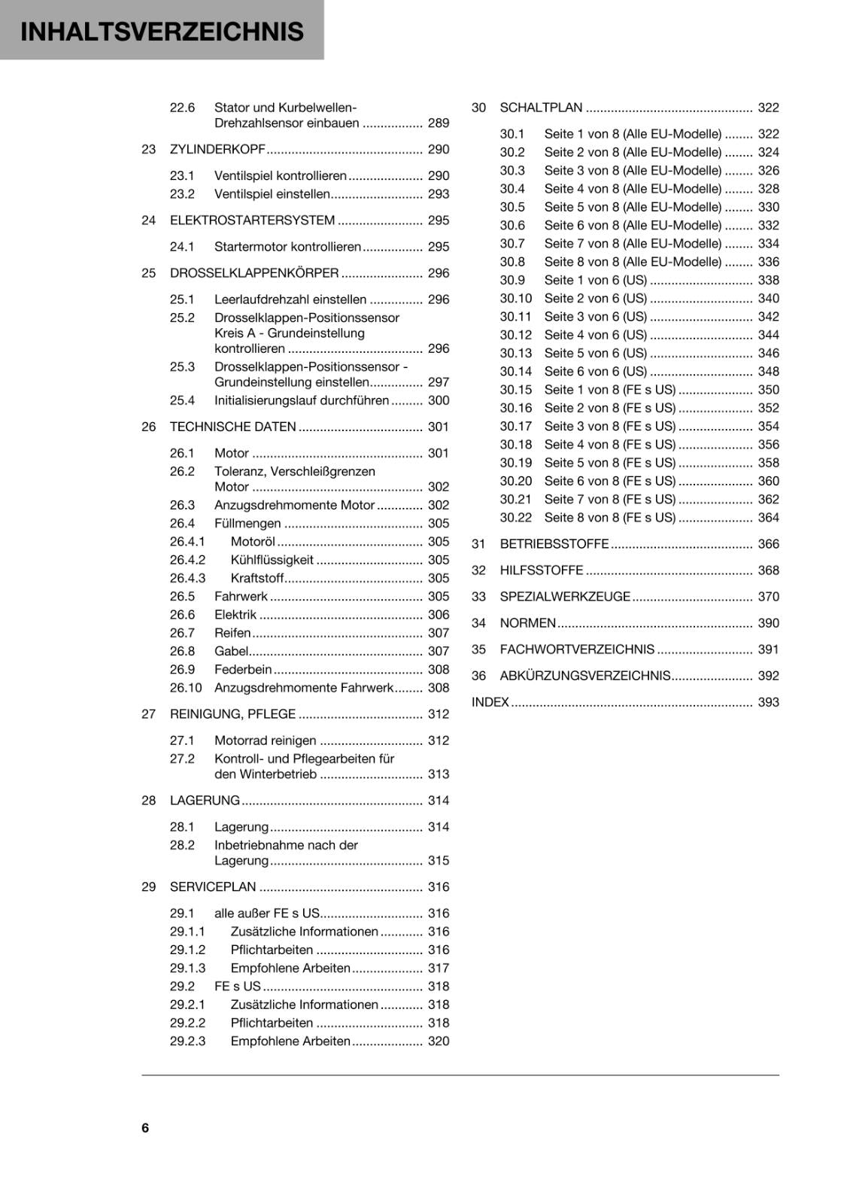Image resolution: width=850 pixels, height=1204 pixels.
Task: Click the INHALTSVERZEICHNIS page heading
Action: [162, 32]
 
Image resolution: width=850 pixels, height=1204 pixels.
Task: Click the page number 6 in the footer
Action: [145, 1127]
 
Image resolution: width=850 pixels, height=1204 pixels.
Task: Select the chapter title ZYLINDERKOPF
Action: [217, 149]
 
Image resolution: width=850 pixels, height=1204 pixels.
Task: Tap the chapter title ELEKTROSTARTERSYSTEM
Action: [252, 220]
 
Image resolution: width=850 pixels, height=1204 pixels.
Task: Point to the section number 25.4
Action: [182, 400]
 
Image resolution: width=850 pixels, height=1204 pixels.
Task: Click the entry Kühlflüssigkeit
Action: [272, 560]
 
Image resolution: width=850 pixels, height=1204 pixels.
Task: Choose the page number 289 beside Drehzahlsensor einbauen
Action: [438, 123]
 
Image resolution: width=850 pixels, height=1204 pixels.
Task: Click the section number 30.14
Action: [515, 371]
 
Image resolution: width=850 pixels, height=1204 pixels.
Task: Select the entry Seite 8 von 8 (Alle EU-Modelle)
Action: [633, 262]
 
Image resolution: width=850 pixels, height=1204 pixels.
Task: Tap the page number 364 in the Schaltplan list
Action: [768, 518]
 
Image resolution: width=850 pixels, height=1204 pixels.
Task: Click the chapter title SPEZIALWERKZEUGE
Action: [565, 597]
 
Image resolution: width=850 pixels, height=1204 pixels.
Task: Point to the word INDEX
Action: [490, 702]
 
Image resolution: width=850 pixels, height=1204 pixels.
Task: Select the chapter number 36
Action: [478, 676]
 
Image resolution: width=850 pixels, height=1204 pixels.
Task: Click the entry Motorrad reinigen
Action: [265, 740]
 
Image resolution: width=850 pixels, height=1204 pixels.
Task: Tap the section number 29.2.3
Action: [187, 1041]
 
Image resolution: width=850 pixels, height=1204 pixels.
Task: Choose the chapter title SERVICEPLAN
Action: [213, 887]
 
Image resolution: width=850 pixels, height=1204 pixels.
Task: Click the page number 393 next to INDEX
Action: [768, 702]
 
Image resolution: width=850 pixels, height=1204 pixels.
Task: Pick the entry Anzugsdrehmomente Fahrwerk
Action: [304, 688]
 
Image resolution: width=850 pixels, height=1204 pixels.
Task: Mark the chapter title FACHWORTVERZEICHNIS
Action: [577, 649]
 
